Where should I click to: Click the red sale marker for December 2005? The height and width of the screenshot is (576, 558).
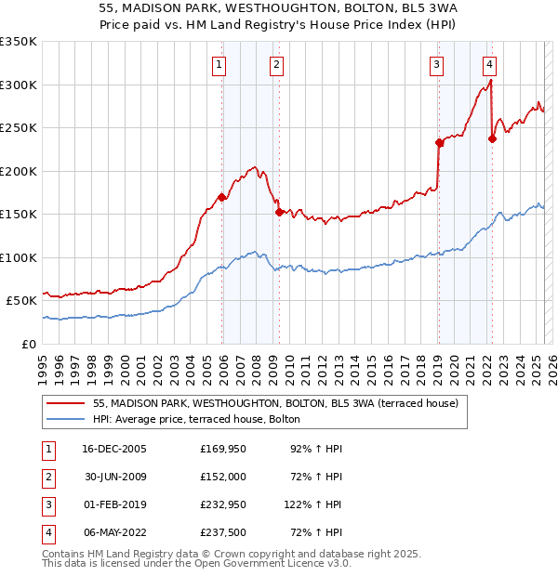click(221, 197)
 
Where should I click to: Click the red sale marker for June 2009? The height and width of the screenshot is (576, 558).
click(279, 212)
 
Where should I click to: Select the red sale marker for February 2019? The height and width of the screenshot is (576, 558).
click(437, 142)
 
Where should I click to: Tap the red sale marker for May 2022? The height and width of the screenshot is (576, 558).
click(491, 138)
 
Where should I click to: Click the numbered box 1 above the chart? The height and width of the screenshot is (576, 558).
click(219, 64)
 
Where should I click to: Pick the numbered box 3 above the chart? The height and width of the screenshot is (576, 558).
click(436, 64)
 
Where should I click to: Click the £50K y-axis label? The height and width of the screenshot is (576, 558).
click(21, 301)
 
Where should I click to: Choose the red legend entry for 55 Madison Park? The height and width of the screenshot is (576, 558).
click(275, 404)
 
